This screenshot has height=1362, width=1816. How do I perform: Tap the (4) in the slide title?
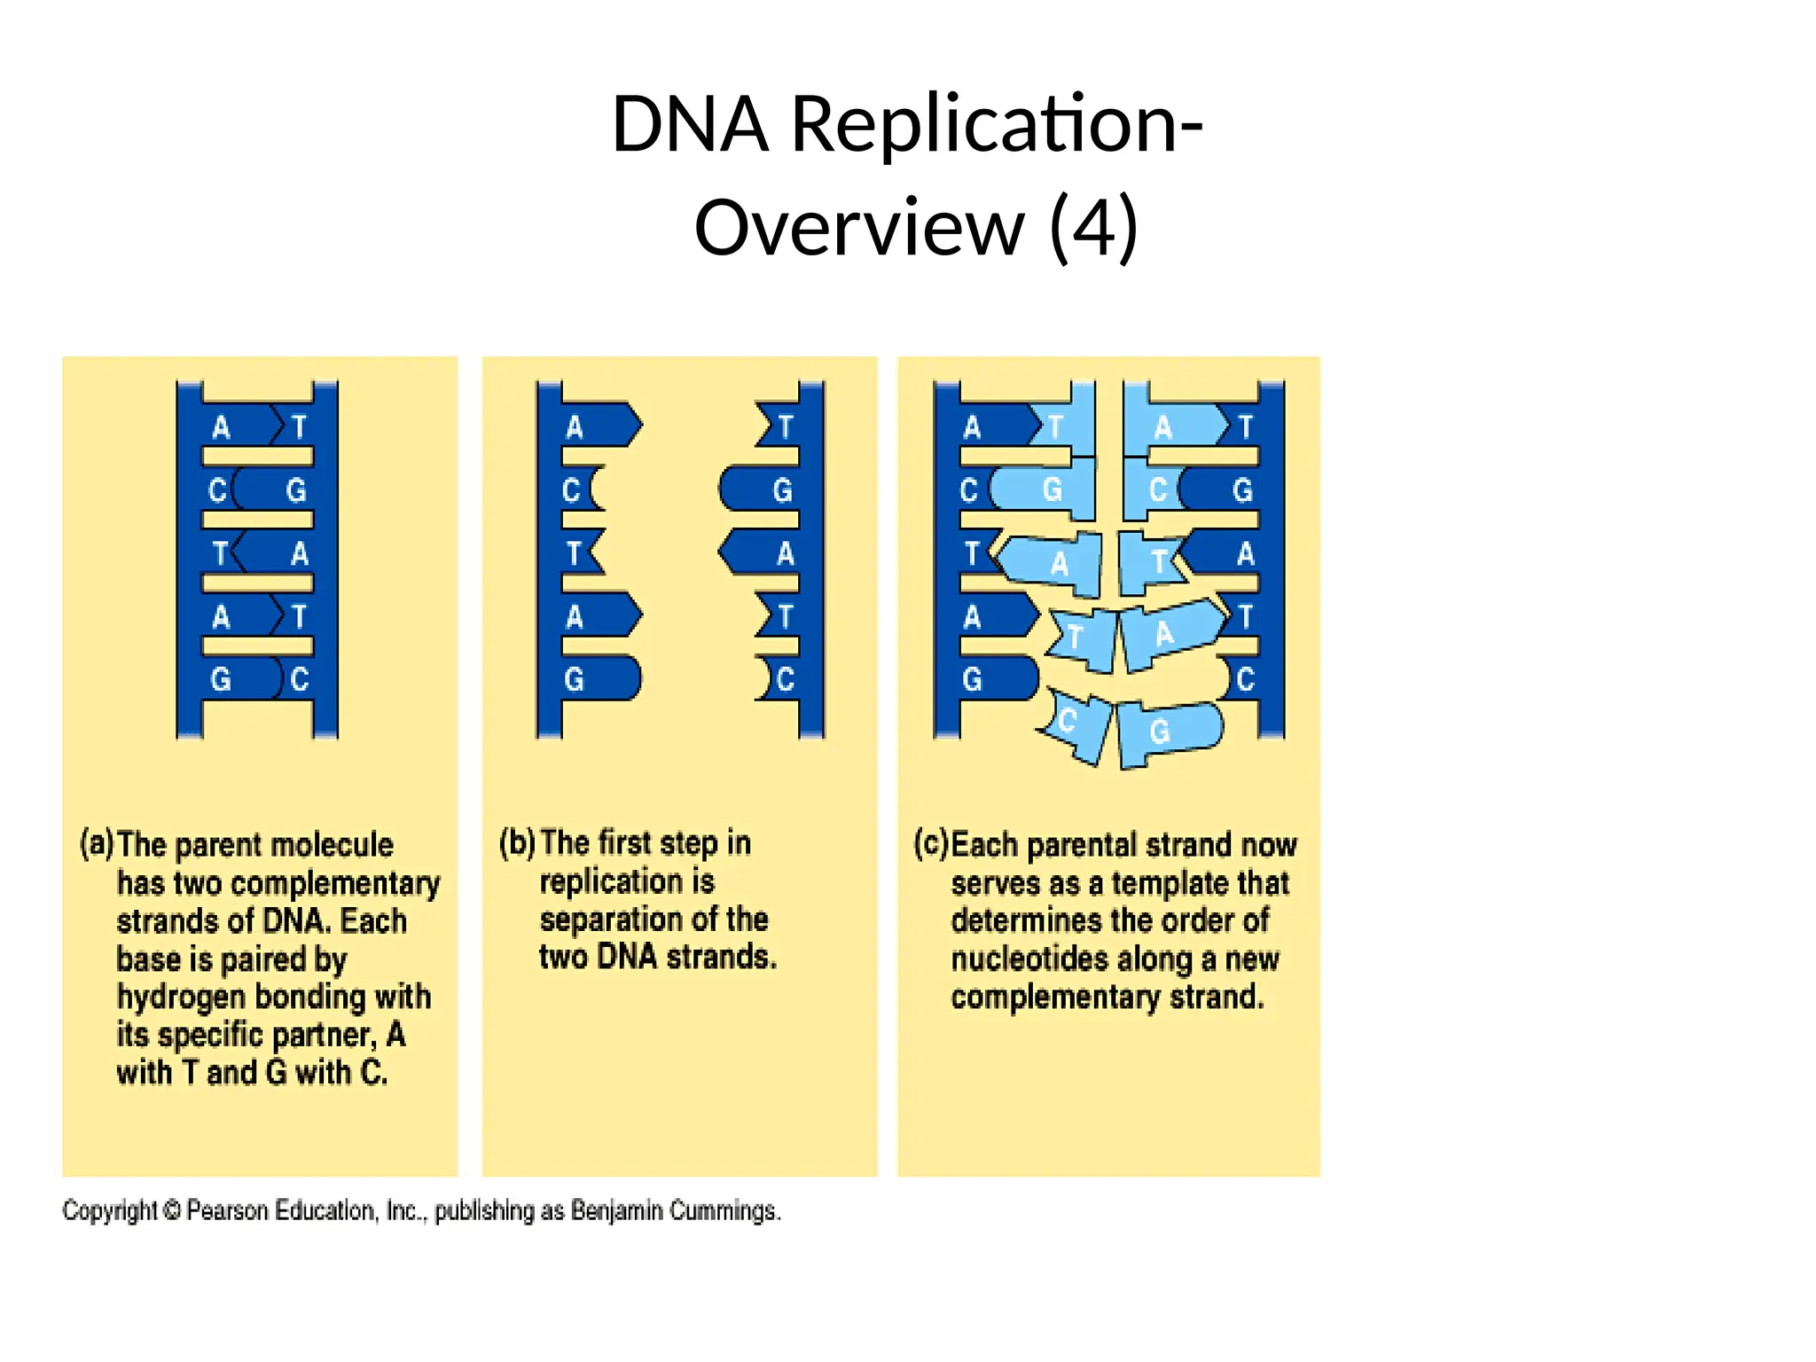click(1092, 228)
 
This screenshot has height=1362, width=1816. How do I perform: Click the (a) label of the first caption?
click(97, 843)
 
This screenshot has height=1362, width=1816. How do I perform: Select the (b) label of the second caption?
click(517, 842)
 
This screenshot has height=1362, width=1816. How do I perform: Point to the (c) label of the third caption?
click(931, 843)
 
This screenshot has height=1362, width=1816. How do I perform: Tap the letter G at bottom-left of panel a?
click(221, 680)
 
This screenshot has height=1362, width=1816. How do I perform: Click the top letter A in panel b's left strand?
click(575, 428)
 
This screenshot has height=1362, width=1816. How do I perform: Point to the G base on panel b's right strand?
click(781, 490)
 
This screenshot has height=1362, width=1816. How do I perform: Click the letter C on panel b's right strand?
click(785, 680)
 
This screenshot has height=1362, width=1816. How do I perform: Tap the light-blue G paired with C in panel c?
click(1052, 489)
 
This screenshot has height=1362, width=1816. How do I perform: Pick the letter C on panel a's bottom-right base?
click(300, 680)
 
